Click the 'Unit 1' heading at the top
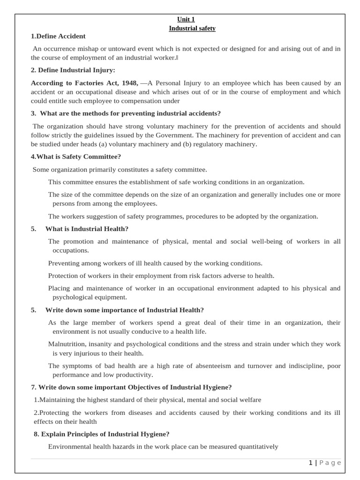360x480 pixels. pyautogui.click(x=186, y=19)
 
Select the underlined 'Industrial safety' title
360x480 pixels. pyautogui.click(x=192, y=28)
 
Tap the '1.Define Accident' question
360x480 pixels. pyautogui.click(x=58, y=36)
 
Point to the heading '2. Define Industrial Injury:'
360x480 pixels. pyautogui.click(x=73, y=70)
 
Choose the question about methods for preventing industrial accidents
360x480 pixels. pyautogui.click(x=126, y=113)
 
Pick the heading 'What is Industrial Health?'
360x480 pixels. pyautogui.click(x=87, y=229)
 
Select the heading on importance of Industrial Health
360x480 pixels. pyautogui.click(x=124, y=310)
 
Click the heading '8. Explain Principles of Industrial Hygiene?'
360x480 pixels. pyautogui.click(x=101, y=434)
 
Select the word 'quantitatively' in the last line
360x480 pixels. pyautogui.click(x=255, y=447)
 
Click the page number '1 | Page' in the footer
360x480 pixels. pyautogui.click(x=325, y=463)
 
